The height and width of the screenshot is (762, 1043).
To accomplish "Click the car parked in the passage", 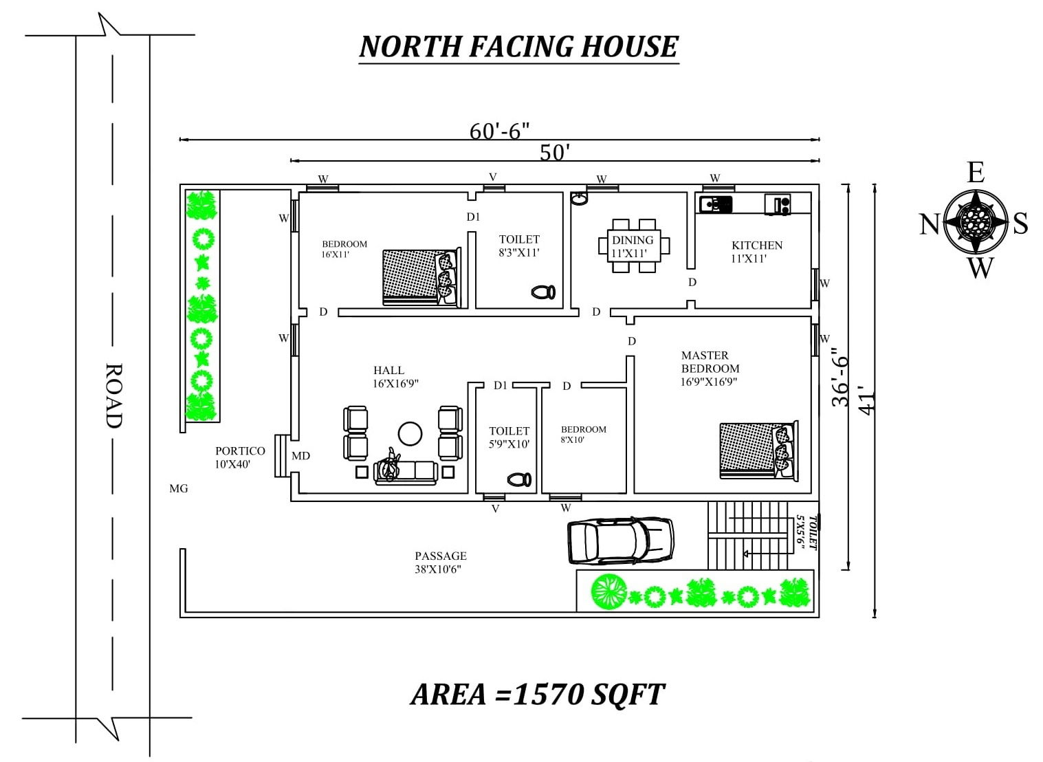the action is point(621,541).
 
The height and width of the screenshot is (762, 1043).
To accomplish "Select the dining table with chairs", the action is point(634,246).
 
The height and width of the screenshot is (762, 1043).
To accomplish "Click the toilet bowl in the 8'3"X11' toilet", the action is point(543,292).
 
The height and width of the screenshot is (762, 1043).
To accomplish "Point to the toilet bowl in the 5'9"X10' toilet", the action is point(519,479).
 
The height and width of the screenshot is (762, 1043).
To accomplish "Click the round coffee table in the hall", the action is point(410,434).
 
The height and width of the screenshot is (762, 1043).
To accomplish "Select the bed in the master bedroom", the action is point(758,450).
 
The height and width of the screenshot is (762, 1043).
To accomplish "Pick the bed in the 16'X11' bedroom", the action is point(422,277).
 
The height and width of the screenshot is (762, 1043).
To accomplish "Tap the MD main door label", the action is point(300,456).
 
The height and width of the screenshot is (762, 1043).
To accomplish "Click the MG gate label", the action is point(179,488).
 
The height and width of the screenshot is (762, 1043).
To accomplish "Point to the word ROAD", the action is point(113,395).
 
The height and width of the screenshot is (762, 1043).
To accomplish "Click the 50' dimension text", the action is point(555,152).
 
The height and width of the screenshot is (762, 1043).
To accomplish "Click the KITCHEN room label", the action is point(757,246).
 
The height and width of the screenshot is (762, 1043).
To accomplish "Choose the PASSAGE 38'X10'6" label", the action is point(441,562).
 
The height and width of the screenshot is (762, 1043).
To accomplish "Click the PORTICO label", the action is point(240,451).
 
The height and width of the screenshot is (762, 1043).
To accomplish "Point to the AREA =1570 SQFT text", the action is point(538,695).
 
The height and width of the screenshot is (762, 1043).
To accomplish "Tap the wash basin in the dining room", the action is point(580,199).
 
